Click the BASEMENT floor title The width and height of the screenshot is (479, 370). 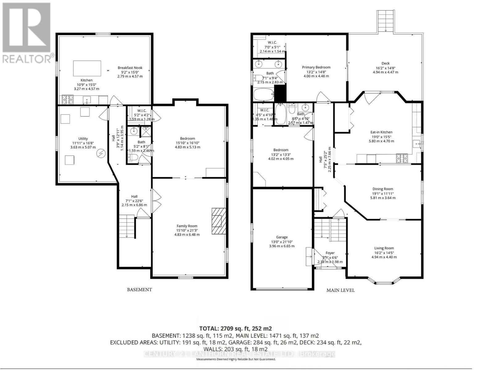[x=139, y=290]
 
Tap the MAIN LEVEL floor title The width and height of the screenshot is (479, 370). [x=341, y=290]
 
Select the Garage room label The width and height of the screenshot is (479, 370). [x=282, y=237]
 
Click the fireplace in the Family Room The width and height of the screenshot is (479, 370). [x=218, y=221]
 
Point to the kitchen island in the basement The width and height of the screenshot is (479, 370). [x=87, y=68]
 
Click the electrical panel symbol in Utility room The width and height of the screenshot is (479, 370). [x=101, y=153]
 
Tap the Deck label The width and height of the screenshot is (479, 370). [x=385, y=63]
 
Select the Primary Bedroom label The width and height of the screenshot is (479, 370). [x=316, y=67]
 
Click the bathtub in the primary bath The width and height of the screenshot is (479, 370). [x=264, y=94]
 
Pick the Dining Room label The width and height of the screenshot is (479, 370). [x=382, y=189]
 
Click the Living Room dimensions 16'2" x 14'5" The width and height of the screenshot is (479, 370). [x=384, y=253]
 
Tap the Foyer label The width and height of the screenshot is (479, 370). [x=330, y=253]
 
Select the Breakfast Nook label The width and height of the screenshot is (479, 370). [x=130, y=68]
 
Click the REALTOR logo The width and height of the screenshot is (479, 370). [x=27, y=32]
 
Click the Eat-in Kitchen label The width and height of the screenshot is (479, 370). [x=381, y=132]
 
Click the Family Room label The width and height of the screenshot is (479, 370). [x=187, y=226]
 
